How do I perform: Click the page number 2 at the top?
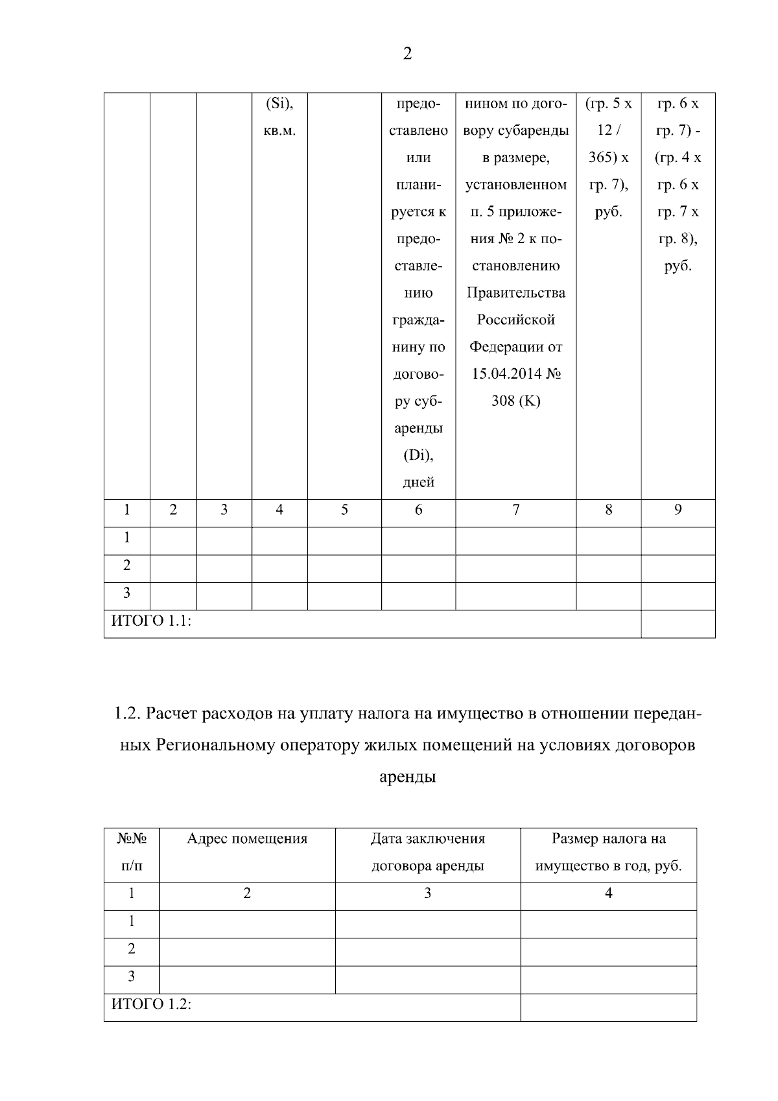[x=407, y=54]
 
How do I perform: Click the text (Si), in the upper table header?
[x=279, y=104]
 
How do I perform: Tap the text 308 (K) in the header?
[x=515, y=401]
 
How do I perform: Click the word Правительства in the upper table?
[x=515, y=293]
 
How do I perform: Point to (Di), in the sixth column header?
[x=418, y=455]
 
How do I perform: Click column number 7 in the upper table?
[x=515, y=510]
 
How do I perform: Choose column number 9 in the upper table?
[x=678, y=510]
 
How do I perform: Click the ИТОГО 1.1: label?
[x=151, y=621]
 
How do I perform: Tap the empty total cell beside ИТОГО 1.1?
[x=678, y=624]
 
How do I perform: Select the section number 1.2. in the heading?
[x=128, y=714]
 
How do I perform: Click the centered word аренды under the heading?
[x=407, y=777]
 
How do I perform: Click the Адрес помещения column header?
[x=247, y=839]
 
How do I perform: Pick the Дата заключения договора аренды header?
[x=427, y=852]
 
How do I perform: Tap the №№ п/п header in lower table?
[x=132, y=852]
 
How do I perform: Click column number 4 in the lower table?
[x=608, y=894]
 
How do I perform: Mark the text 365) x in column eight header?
[x=608, y=158]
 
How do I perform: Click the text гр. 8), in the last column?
[x=678, y=239]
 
